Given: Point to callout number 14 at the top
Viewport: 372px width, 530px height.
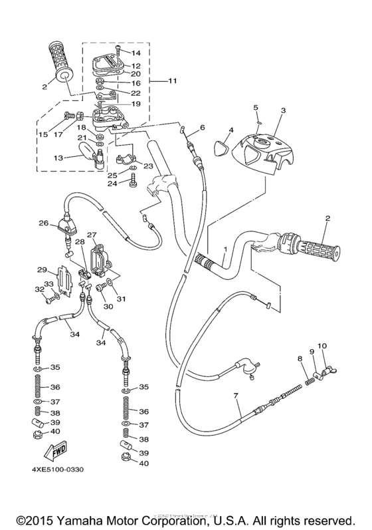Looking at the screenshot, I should pos(137,52).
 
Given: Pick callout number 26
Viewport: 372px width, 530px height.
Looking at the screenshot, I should pos(43,223).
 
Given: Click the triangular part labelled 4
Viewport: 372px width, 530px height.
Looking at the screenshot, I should pos(222,142).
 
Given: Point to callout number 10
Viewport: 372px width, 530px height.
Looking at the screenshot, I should pos(322,346).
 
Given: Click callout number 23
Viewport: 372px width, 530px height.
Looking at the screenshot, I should pos(147,166).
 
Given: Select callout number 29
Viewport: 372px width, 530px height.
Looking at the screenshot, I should pos(41,269).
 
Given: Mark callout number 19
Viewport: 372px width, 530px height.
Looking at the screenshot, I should pos(136,104).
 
